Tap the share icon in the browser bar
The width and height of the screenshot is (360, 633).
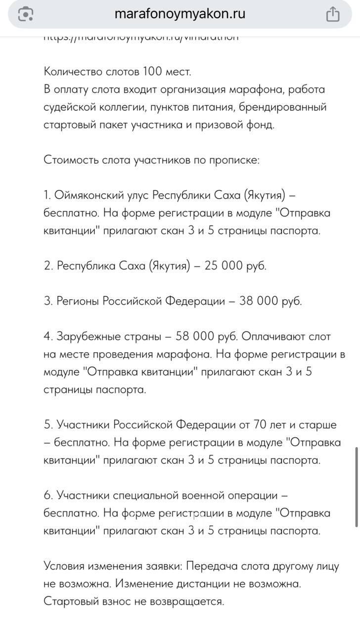point(333,14)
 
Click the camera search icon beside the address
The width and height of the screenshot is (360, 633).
point(25,14)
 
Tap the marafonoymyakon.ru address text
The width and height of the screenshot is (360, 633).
point(180,14)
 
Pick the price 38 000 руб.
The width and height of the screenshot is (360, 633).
point(270,301)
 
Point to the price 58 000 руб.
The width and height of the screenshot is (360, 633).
point(208,336)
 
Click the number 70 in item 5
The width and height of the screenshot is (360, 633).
point(260,424)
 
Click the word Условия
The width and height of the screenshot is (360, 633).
point(65,566)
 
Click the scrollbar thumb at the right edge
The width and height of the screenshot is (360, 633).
point(357,487)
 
